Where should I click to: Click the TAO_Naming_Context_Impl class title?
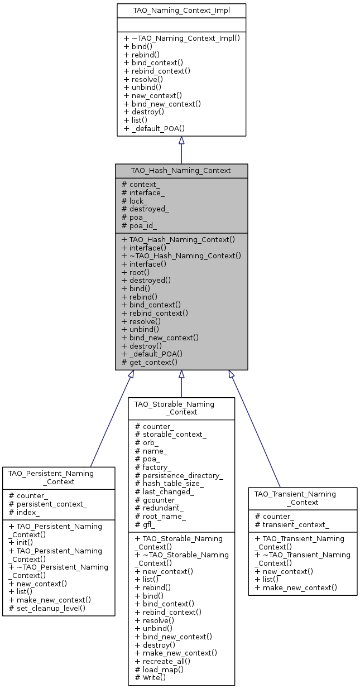[181, 10]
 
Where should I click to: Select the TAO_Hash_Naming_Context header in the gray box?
[181, 170]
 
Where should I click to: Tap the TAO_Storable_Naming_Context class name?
[181, 407]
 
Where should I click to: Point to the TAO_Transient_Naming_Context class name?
[303, 498]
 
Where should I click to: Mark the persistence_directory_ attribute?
[179, 475]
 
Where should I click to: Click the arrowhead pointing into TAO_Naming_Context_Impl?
[181, 141]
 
